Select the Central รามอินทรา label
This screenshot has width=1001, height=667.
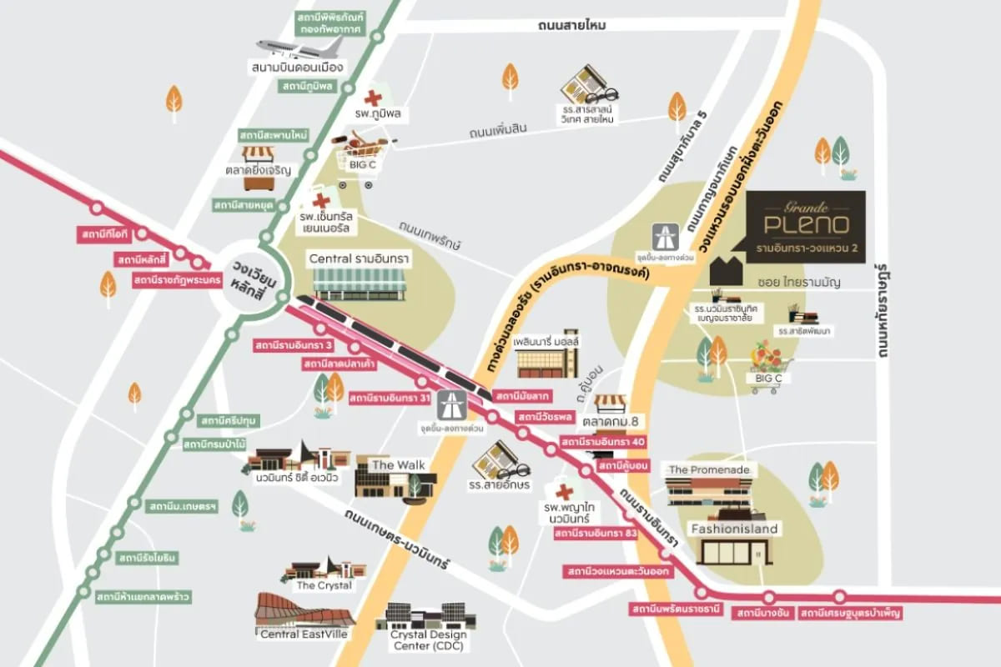pos(359,259)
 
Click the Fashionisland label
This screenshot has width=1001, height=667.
pos(735,529)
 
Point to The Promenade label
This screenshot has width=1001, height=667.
pos(710,470)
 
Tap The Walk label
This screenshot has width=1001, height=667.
pos(394,464)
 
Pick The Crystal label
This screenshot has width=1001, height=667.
pos(324,585)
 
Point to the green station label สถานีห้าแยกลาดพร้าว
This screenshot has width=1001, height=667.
pos(144,597)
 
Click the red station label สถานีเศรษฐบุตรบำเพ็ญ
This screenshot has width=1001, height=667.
pos(850,614)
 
